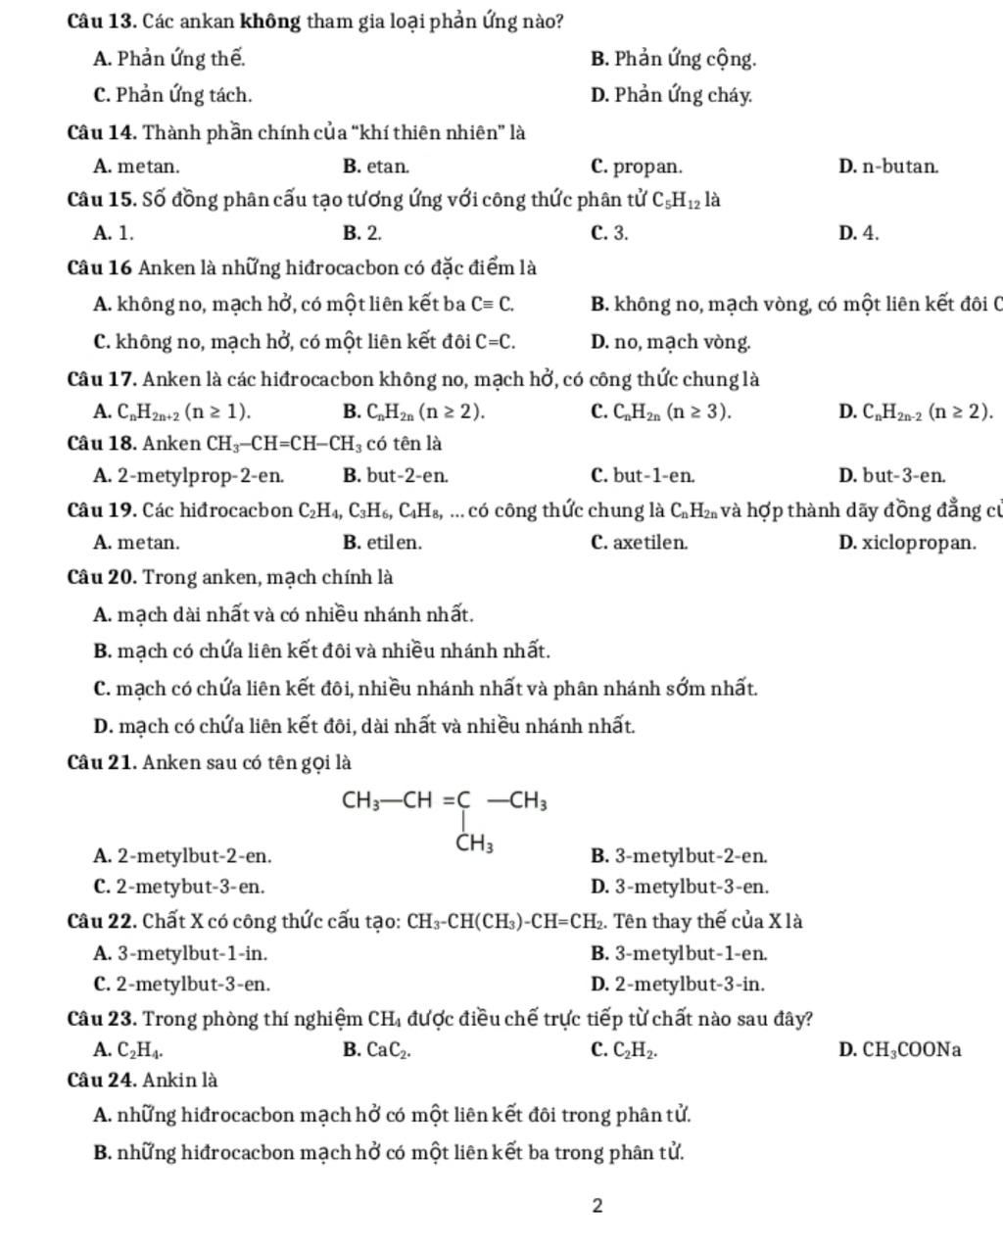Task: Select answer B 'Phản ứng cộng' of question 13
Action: tap(674, 59)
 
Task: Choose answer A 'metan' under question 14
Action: tap(136, 167)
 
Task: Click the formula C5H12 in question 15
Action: tap(676, 202)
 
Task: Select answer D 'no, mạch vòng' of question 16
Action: tap(672, 342)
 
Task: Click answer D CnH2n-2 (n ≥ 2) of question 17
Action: tap(916, 411)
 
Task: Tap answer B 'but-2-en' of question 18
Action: tap(397, 476)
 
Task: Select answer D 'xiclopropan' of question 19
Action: tap(908, 542)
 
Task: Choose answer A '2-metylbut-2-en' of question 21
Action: tap(183, 856)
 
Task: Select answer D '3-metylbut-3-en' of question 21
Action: tap(680, 887)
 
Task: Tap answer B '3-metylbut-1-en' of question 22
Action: tap(680, 952)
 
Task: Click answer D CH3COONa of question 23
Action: tap(900, 1050)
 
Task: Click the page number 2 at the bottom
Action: tap(597, 1205)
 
